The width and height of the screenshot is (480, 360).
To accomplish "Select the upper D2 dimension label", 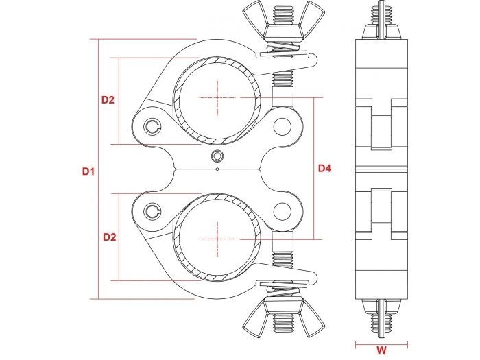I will [108, 100].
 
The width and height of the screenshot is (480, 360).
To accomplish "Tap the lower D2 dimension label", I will [108, 237].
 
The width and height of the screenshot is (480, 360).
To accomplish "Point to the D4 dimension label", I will [324, 168].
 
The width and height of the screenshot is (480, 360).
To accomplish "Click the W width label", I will [382, 350].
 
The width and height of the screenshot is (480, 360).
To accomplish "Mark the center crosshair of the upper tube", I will [217, 98].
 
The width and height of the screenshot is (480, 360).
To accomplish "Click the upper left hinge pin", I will [154, 125].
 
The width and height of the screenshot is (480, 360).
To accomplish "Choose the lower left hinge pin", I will [154, 211].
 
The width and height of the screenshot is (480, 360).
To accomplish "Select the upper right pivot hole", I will [283, 126].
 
